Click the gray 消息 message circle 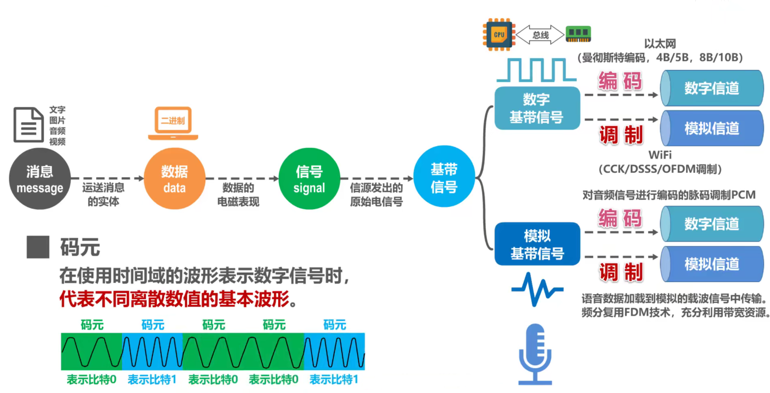point(40,179)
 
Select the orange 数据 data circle point(174,179)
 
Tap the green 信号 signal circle point(309,179)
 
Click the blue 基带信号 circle point(444,177)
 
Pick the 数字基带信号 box point(537,108)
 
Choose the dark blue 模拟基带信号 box point(537,244)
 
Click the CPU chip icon point(499,34)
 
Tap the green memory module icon point(578,34)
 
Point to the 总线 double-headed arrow point(540,35)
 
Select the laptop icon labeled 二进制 point(173,123)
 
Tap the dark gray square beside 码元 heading point(38,247)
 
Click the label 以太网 point(660,44)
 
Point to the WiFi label point(660,155)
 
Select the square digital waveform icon point(536,70)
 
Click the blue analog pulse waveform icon point(537,289)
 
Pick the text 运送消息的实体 point(103,194)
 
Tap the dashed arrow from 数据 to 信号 point(242,179)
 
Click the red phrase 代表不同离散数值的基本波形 point(174,299)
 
